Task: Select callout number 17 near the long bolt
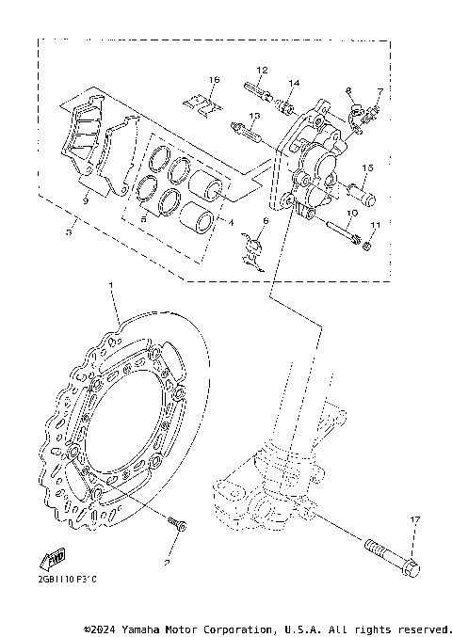[413, 518]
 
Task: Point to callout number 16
[214, 79]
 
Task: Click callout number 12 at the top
[262, 71]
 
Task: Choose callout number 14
[294, 84]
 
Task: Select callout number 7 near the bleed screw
[379, 91]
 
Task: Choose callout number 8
[347, 91]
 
